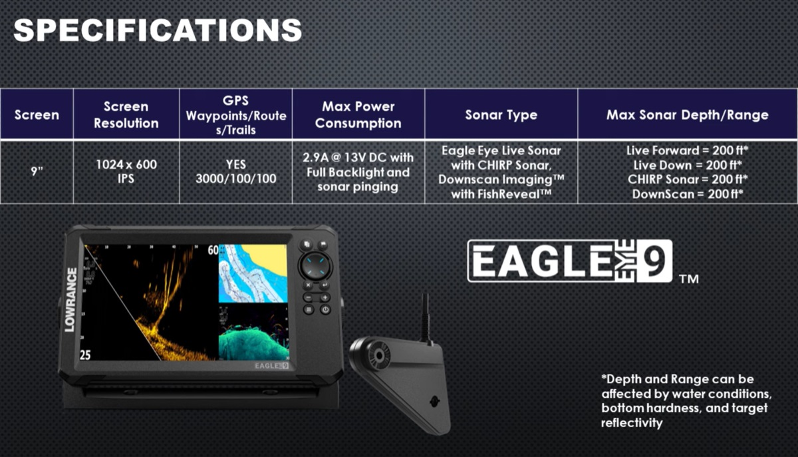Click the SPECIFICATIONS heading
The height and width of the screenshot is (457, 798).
(x=158, y=31)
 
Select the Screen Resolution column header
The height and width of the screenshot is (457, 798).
(x=126, y=115)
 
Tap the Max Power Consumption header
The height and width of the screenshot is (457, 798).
(x=358, y=115)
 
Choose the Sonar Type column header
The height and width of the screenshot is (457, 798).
(x=501, y=115)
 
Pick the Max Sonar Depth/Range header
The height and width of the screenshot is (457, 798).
(x=687, y=115)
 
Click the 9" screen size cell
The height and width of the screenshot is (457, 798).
(x=37, y=172)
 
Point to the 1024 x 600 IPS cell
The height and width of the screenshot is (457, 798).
(x=126, y=172)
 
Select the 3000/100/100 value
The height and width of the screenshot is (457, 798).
(x=236, y=178)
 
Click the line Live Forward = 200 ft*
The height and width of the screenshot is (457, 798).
(x=687, y=150)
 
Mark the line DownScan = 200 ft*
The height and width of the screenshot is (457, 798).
(x=687, y=194)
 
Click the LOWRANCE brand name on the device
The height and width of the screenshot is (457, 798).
(x=70, y=300)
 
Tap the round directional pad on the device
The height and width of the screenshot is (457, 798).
(x=315, y=266)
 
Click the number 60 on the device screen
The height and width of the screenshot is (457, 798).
(x=213, y=250)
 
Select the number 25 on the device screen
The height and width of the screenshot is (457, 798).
(x=85, y=355)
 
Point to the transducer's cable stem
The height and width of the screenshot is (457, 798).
(x=425, y=317)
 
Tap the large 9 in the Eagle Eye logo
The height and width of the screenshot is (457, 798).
(x=654, y=261)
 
